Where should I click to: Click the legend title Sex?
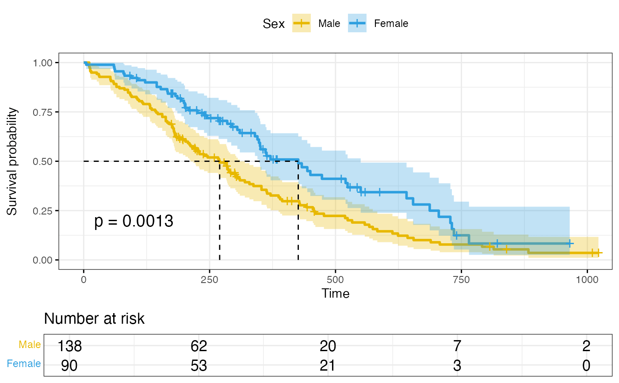274,24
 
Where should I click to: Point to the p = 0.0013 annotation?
134,222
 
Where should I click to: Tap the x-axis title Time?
336,293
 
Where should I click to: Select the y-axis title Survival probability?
12,161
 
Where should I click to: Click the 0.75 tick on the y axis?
44,112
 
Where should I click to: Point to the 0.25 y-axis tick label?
44,211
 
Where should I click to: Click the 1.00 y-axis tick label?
44,63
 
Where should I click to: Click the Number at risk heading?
94,318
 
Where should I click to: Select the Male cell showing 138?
70,345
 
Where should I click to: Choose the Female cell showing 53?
199,365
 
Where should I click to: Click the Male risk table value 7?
457,345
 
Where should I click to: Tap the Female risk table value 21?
328,365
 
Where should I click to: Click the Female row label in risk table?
24,364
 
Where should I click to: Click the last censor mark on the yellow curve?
598,253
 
